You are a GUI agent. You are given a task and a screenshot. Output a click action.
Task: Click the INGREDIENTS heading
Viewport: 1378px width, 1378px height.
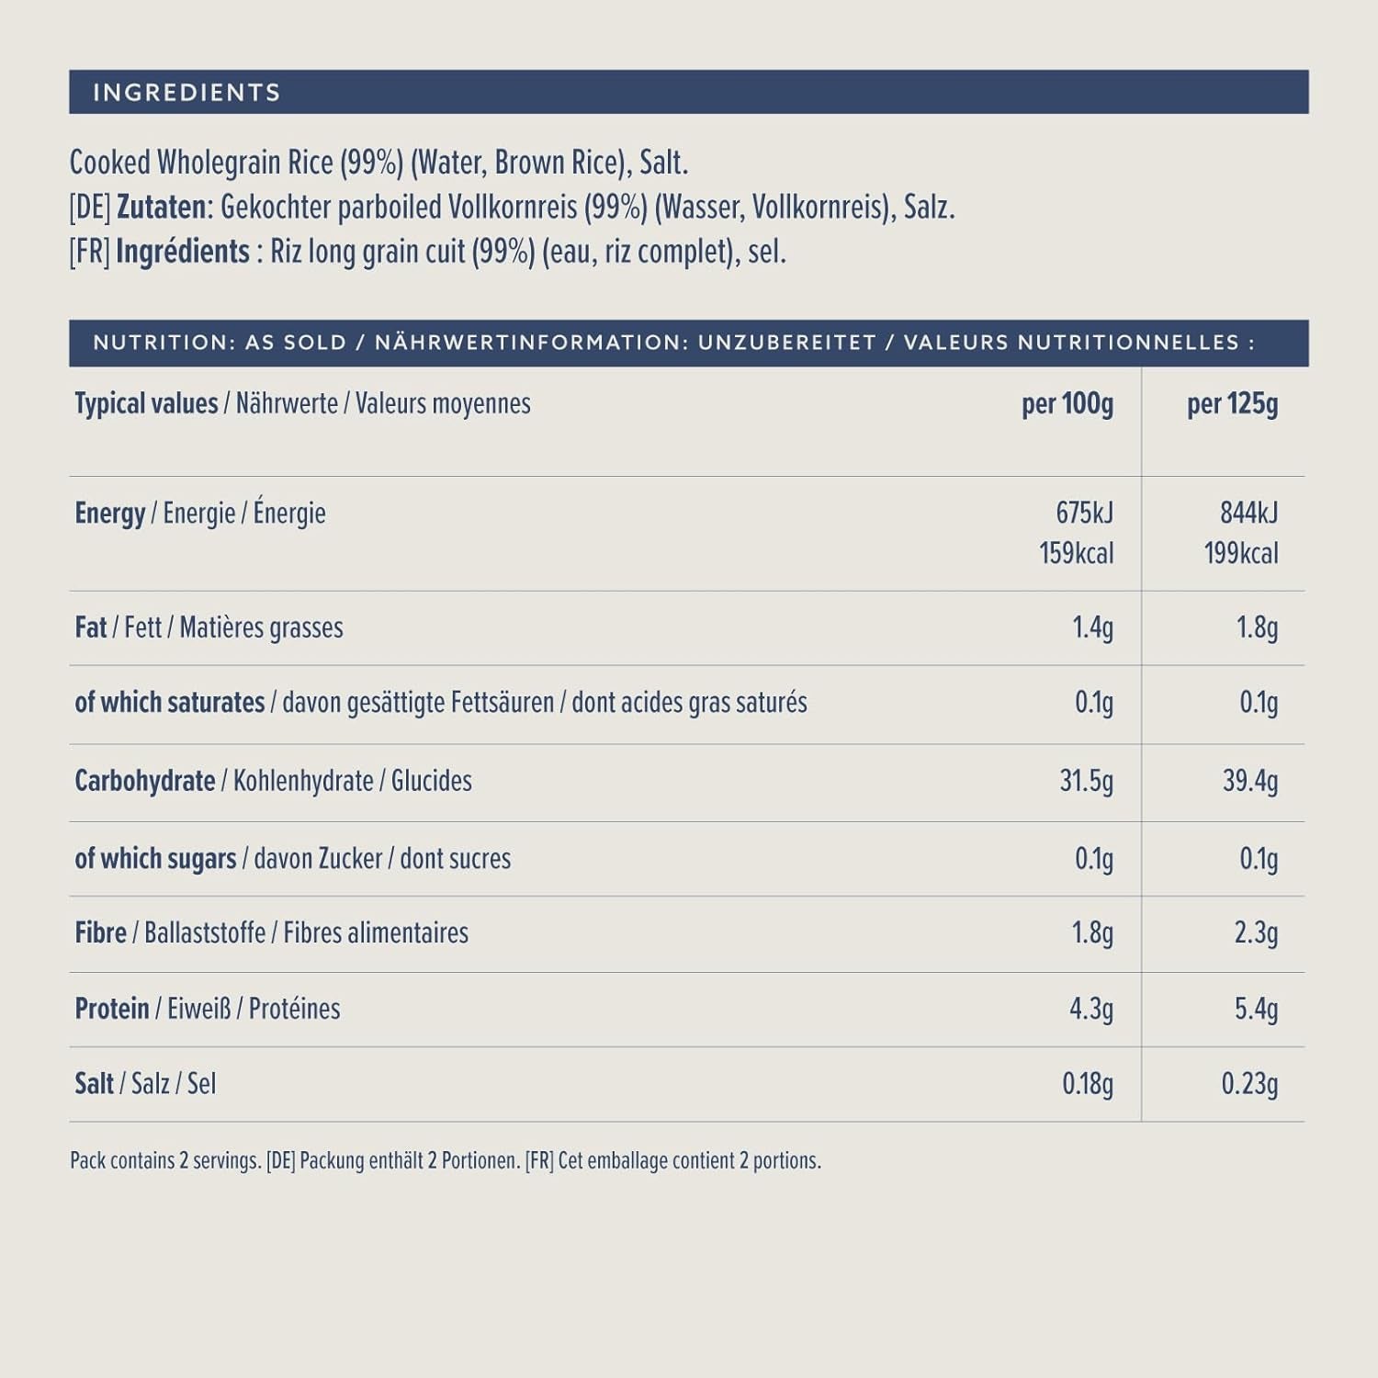click(186, 93)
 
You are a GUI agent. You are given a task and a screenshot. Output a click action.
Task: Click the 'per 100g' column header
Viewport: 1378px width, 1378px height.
click(1067, 404)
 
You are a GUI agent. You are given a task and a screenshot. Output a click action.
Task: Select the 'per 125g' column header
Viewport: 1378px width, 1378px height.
click(1232, 404)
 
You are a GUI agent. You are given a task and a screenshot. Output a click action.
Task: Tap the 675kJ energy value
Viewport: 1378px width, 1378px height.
click(1084, 513)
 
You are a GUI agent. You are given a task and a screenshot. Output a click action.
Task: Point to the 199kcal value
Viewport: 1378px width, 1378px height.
click(1240, 553)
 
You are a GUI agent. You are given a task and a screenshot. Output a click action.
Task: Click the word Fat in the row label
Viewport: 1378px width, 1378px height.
click(91, 627)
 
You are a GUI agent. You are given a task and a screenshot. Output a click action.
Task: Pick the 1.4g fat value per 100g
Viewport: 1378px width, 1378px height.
click(1092, 627)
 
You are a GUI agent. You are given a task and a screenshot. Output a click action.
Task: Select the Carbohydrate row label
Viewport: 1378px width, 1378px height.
click(145, 781)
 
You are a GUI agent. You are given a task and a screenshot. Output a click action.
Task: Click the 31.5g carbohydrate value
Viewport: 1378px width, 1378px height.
click(1086, 781)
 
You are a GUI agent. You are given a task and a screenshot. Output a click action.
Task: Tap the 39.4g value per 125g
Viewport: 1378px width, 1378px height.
click(1249, 781)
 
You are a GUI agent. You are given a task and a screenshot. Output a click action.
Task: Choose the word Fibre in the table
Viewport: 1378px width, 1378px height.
click(101, 933)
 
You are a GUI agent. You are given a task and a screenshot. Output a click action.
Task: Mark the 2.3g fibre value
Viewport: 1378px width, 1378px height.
click(1256, 933)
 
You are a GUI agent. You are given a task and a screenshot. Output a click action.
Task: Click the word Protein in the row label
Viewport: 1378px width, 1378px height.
click(112, 1009)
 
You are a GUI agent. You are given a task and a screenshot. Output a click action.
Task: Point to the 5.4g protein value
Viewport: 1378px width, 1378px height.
click(1256, 1009)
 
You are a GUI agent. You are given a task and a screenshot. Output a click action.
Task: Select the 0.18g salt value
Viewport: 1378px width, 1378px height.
click(1088, 1084)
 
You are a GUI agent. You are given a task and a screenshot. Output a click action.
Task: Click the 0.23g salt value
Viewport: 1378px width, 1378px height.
click(1249, 1084)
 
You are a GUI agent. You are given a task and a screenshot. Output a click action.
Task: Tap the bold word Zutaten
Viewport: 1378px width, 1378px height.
click(162, 208)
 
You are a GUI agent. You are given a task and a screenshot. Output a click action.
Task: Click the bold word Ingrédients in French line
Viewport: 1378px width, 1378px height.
click(183, 252)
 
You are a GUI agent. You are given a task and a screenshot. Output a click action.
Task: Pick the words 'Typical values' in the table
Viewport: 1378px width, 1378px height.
click(146, 404)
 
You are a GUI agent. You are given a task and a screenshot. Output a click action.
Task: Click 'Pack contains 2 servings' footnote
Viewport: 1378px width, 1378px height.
click(165, 1161)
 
